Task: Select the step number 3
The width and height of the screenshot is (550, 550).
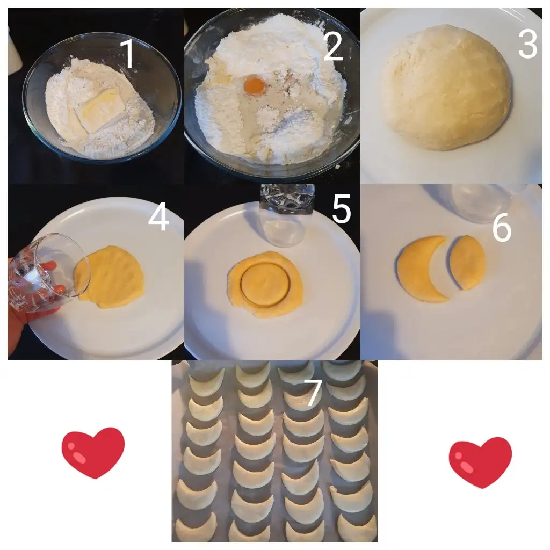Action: point(527,44)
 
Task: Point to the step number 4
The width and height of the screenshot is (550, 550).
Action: point(159,217)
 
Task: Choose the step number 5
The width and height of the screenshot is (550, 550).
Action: point(341,209)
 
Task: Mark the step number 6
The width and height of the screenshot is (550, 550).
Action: point(502,227)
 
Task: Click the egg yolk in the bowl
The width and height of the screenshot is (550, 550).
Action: point(254,85)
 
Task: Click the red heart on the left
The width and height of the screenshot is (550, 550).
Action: point(93,452)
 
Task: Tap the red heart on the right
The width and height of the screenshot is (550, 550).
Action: point(481,462)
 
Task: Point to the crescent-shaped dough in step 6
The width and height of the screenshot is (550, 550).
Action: point(412,273)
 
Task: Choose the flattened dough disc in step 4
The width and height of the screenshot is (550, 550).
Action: point(110,277)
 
